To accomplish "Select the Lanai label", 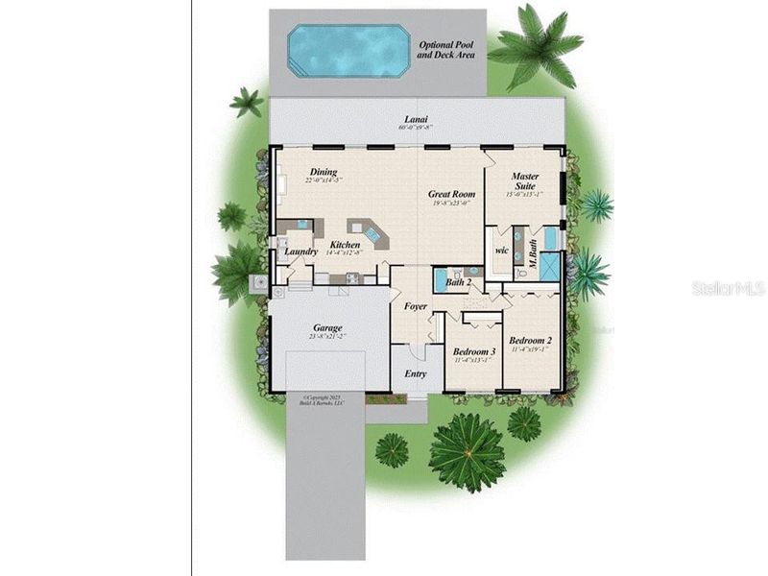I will coord(416,118).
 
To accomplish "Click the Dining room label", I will coord(323,173).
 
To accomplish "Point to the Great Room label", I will coord(451,194).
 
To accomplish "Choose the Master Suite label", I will coord(524,182).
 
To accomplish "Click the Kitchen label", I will coord(345,245).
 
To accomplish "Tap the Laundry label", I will coord(300,252).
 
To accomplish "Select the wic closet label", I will coord(500,252).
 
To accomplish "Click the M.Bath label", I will coord(530,252).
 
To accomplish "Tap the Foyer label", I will coord(415,307).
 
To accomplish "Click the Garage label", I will coord(327,327).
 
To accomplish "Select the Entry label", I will coord(416,373).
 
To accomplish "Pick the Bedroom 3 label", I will coord(473,352).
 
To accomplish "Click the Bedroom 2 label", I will coord(529,341).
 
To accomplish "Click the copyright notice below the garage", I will coord(322,400).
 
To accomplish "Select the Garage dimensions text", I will coord(327,338).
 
